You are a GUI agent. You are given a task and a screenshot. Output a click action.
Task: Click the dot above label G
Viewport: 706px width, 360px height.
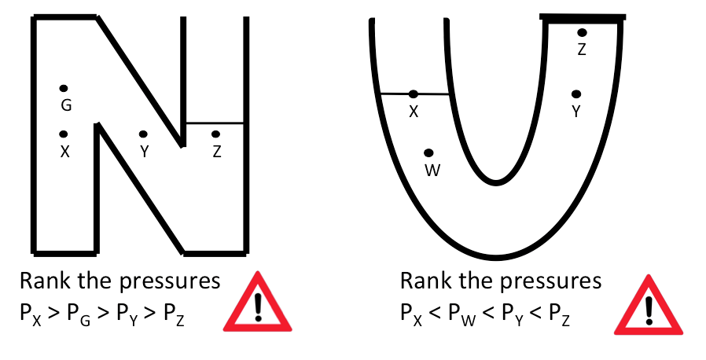pyautogui.click(x=64, y=88)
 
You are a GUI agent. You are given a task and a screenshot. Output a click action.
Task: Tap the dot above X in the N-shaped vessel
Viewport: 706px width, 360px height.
pyautogui.click(x=64, y=134)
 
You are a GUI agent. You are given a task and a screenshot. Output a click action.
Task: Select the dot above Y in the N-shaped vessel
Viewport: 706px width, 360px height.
pyautogui.click(x=143, y=134)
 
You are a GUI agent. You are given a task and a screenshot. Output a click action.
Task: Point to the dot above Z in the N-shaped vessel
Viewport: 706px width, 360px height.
pyautogui.click(x=215, y=134)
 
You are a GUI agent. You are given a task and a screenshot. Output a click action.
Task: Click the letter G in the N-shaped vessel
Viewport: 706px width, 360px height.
pyautogui.click(x=65, y=105)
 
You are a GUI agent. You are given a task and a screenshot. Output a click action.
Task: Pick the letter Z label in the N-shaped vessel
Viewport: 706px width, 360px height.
pyautogui.click(x=216, y=152)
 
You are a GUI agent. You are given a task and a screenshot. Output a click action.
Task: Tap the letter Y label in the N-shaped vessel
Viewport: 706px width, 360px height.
pyautogui.click(x=144, y=152)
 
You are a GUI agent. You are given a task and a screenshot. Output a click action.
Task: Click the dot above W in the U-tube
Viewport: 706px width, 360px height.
pyautogui.click(x=428, y=152)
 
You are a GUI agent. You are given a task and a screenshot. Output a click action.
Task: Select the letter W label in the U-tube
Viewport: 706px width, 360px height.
pyautogui.click(x=431, y=170)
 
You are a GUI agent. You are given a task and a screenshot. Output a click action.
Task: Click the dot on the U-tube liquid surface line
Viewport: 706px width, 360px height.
pyautogui.click(x=414, y=94)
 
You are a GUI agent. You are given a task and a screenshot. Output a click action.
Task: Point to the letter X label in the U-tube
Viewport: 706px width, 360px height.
pyautogui.click(x=414, y=112)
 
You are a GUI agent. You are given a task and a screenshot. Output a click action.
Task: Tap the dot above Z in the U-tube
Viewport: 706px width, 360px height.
pyautogui.click(x=582, y=33)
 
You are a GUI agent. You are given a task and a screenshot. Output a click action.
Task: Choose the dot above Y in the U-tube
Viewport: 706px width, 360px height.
pyautogui.click(x=576, y=94)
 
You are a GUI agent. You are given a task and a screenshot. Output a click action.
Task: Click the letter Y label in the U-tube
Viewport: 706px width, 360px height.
pyautogui.click(x=576, y=112)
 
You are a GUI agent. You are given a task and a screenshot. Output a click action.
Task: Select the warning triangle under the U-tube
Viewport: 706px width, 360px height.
pyautogui.click(x=649, y=304)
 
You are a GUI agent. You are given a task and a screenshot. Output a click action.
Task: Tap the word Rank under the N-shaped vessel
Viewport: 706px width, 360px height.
pyautogui.click(x=46, y=281)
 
